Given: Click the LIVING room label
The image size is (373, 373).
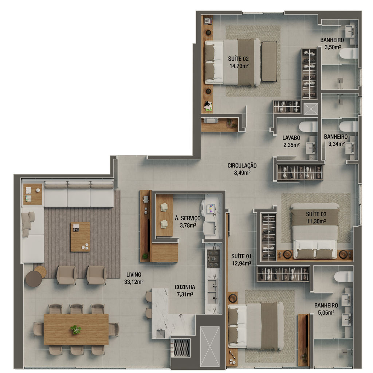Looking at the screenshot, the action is click(134, 275).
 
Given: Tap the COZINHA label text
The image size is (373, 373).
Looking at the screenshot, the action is click(185, 287).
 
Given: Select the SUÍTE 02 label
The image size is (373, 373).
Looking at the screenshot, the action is click(238, 59).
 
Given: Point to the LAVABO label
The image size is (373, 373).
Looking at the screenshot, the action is click(291, 138).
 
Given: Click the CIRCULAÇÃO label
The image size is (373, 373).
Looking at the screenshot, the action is click(242, 166).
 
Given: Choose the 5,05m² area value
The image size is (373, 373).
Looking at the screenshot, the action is click(326, 313).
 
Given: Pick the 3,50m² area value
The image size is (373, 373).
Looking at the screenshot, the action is click(333, 47).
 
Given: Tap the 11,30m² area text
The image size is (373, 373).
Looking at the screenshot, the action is click(316, 221).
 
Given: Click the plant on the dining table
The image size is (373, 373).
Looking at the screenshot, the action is click(76, 329).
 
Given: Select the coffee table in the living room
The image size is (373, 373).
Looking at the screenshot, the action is click(81, 237).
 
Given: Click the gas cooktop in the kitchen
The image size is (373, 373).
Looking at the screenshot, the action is click(213, 259).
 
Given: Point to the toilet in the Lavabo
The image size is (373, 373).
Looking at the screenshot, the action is click(308, 126).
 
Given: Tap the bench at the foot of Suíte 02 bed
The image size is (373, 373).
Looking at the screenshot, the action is click(270, 62).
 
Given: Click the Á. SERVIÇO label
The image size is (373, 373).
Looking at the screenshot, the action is click(188, 218).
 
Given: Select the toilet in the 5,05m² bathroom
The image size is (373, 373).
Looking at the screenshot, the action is click(343, 277).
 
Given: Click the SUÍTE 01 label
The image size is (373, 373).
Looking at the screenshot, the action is click(241, 256).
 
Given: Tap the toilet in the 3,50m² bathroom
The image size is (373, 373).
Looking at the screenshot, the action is click(349, 54).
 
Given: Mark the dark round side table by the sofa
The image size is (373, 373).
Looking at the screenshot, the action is click(34, 279).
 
